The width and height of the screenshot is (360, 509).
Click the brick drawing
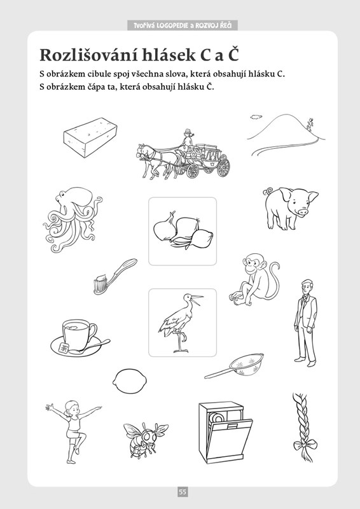pyautogui.click(x=90, y=137)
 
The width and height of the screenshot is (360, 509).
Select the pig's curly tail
pyautogui.click(x=268, y=191)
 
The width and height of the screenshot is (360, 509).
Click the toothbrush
pyautogui.click(x=115, y=276)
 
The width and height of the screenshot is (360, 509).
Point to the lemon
pyautogui.click(x=130, y=380)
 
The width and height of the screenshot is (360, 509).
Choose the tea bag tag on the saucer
pyautogui.click(x=64, y=348)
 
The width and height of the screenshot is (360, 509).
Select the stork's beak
pyautogui.click(x=197, y=299)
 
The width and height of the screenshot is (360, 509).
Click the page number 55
pyautogui.click(x=183, y=492)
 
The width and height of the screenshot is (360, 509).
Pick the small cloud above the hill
pyautogui.click(x=256, y=117)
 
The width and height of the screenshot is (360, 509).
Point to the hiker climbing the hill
pyautogui.click(x=310, y=125)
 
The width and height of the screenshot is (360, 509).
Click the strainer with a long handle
pyautogui.click(x=234, y=366)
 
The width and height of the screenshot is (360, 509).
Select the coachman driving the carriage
pyautogui.click(x=187, y=140)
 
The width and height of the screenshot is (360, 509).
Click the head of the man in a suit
pyautogui.click(x=307, y=286)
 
